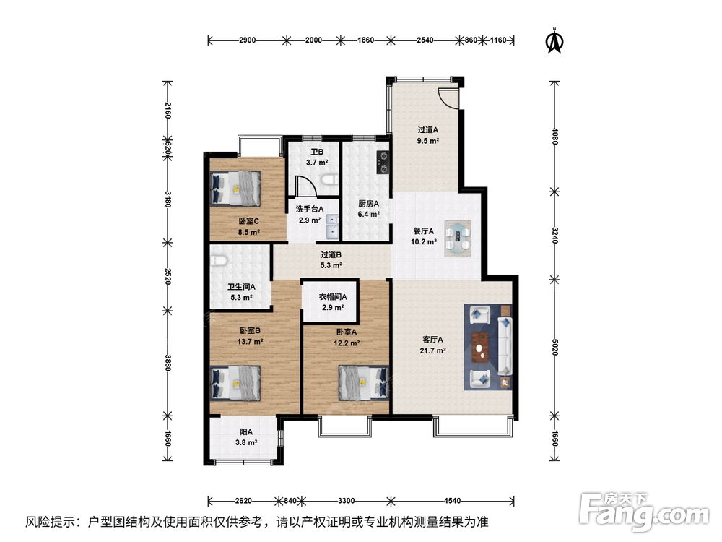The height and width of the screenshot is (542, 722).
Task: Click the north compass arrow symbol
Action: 554,41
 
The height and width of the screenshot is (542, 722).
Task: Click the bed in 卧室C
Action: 236,189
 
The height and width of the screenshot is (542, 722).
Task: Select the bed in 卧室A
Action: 363,382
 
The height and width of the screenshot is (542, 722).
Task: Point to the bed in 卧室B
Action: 236,383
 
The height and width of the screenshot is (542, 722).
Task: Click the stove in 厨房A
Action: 383,162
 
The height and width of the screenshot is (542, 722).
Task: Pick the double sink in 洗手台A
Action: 332,226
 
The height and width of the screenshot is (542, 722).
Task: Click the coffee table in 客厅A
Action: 482,345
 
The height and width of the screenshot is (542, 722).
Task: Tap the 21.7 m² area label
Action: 432,350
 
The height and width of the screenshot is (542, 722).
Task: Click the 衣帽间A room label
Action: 333,297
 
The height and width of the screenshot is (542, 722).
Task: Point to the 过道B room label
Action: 331,254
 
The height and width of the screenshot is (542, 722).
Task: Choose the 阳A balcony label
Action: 246,432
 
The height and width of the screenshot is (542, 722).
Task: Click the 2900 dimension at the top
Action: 247,40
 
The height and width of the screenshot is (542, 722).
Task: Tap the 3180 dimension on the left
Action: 168,199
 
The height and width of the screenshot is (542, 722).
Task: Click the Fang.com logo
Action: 644,510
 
